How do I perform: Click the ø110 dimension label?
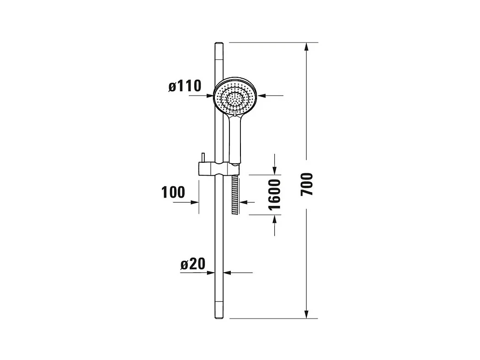pos(185,86)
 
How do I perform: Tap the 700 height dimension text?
pos(307,184)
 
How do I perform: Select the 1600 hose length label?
pos(274,195)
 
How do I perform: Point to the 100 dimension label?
pos(173,193)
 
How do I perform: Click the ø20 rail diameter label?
pos(193,264)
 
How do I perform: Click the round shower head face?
pos(235,96)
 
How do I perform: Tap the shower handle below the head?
pos(235,138)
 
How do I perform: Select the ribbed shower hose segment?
pos(235,195)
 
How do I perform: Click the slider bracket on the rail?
pos(219,169)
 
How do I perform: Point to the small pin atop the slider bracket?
pos(203,158)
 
